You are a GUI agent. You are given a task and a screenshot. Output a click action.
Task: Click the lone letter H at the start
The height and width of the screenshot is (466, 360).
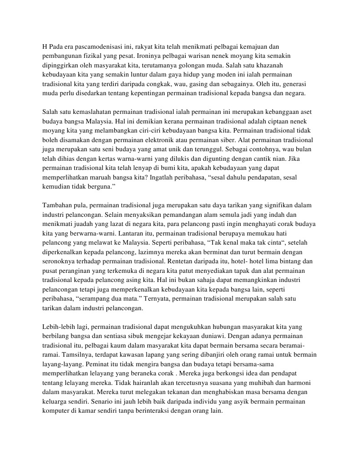[45, 46]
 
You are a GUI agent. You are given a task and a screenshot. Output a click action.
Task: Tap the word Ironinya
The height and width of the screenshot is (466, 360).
[158, 55]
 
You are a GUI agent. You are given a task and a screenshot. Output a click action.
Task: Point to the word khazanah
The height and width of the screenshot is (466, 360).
[275, 64]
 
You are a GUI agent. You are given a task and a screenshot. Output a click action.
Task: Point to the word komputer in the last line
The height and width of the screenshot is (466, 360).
[56, 410]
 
